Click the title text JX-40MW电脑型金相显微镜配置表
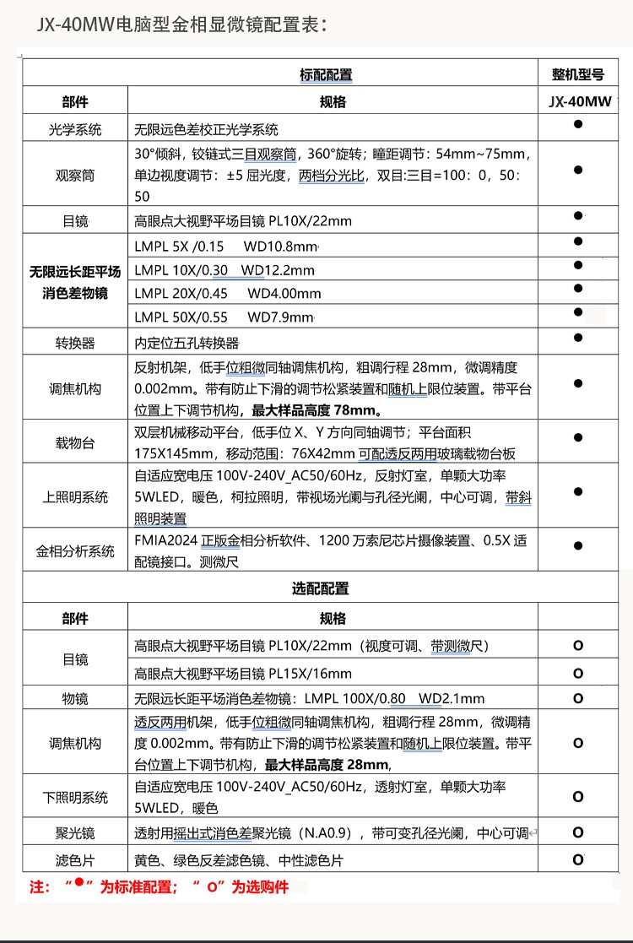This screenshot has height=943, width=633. [181, 25]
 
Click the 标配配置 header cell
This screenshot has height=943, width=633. [326, 74]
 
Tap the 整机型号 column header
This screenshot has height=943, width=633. [578, 74]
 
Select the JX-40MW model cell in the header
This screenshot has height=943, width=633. [578, 102]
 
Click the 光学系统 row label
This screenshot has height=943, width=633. [75, 130]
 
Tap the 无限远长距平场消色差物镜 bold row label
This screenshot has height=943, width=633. [75, 282]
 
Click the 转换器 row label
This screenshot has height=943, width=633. [75, 343]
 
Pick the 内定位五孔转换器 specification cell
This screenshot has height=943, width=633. [187, 343]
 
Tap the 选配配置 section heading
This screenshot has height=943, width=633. [321, 588]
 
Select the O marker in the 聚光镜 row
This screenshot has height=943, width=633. [578, 832]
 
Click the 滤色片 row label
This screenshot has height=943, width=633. [75, 860]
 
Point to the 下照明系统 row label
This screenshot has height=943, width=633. [75, 797]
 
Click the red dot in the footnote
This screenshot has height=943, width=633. [78, 883]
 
